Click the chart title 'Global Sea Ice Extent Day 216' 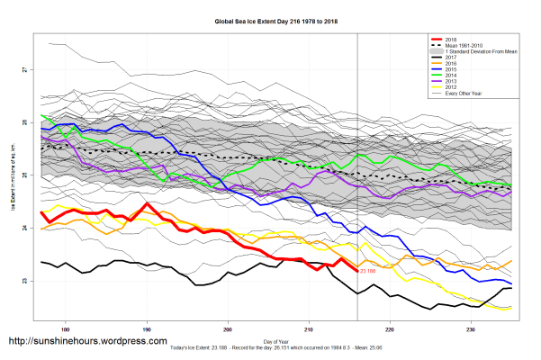click(270, 21)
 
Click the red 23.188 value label click(367, 270)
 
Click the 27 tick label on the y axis click(25, 70)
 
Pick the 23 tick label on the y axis click(25, 282)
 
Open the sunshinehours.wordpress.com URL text click(87, 342)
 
